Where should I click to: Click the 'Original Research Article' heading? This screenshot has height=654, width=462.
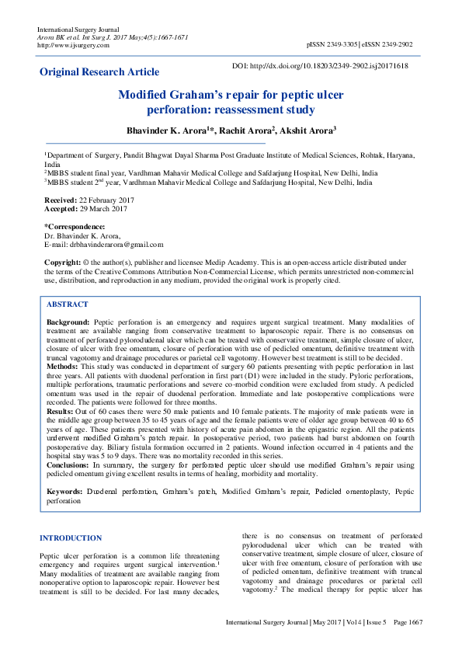[x=99, y=72]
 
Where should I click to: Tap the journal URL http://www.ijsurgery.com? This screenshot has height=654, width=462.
[x=73, y=45]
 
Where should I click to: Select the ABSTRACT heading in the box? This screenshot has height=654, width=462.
[x=68, y=304]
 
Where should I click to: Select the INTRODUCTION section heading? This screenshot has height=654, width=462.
[x=71, y=537]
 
